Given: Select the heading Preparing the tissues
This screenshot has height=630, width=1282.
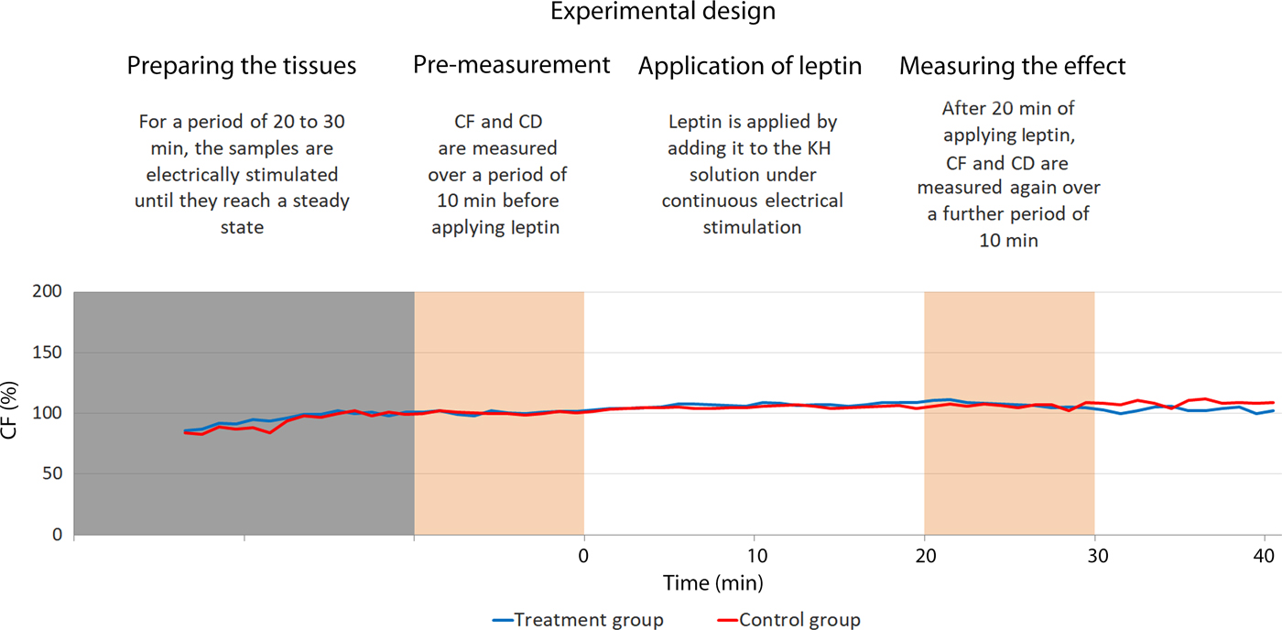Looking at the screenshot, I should coord(242,66).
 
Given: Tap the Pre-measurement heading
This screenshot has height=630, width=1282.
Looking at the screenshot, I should coord(511,65).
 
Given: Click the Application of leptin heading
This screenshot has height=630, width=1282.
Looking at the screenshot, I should coord(750,66).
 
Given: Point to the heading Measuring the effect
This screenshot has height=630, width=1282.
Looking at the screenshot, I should coord(1012,66).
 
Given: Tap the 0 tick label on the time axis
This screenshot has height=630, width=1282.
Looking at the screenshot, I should coord(584,556).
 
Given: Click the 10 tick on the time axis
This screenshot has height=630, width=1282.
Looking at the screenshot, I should coord(754,556).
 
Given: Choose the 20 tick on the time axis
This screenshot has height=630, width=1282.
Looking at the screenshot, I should coord(924,556).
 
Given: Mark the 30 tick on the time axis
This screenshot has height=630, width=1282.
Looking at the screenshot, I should coord(1094,556).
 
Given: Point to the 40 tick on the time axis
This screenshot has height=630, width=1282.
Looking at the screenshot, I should coord(1264,556).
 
